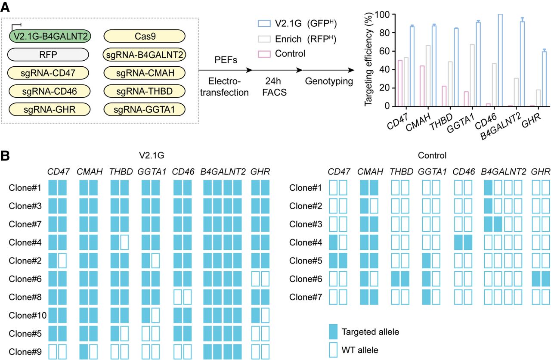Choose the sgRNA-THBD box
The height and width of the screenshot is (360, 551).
click(144, 91)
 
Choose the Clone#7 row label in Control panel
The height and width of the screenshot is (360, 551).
click(304, 297)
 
